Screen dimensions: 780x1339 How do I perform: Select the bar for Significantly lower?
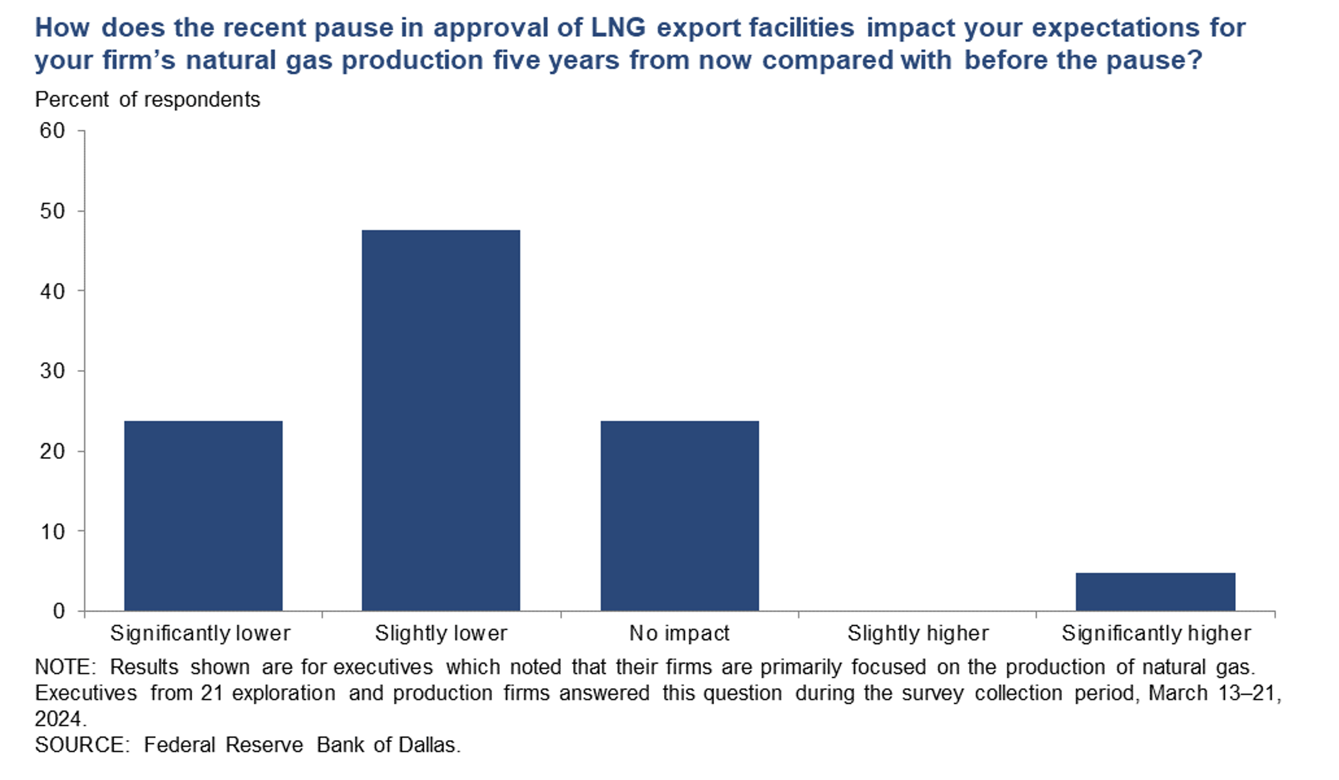coord(203,516)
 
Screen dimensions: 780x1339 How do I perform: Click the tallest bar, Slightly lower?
coord(441,420)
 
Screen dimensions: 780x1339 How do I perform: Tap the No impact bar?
coord(679,516)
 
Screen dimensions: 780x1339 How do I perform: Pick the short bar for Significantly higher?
coord(1155,592)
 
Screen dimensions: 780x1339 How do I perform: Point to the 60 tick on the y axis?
coord(53,130)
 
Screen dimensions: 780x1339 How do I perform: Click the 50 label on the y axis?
coord(53,211)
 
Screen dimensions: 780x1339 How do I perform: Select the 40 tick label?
coord(53,291)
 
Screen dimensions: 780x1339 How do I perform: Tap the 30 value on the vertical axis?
coord(53,371)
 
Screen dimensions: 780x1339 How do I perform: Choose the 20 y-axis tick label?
coord(53,451)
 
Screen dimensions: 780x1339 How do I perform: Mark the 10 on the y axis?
coord(53,531)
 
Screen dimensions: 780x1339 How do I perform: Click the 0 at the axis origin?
coord(59,611)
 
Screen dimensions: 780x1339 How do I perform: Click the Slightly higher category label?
coord(918,633)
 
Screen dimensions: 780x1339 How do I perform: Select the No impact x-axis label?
coord(679,633)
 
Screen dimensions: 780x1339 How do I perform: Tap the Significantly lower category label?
coord(200,633)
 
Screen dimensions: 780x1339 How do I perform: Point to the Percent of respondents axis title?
coord(147,100)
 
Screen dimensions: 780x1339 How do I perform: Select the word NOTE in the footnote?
coord(63,667)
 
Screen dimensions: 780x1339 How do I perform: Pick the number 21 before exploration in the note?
coord(213,693)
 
